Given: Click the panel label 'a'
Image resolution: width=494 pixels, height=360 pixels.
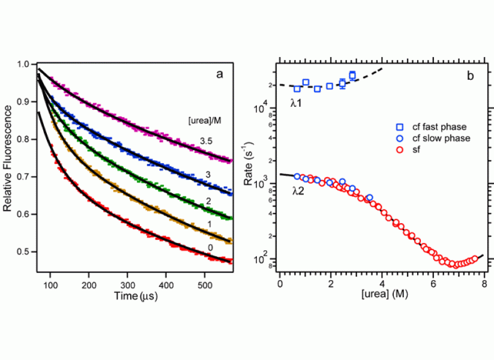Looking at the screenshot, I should tap(220, 74).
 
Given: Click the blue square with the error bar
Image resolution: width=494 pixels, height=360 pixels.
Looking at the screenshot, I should tap(342, 83).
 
